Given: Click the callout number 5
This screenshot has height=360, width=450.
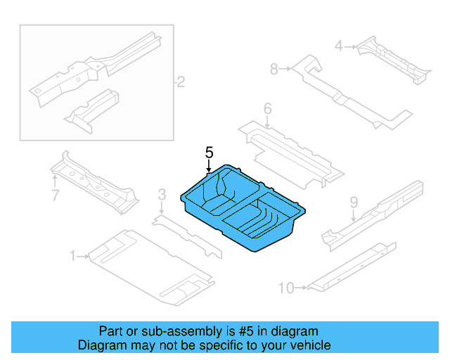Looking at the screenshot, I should coord(209,152).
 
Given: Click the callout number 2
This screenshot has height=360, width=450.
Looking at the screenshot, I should coord(180,83).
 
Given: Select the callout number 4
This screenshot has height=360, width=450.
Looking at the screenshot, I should coord(339,46).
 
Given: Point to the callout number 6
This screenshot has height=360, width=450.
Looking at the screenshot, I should coord(267,108).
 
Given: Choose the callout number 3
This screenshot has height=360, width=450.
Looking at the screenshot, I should coord(162,194).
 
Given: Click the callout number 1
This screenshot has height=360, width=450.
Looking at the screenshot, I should coord(72,257).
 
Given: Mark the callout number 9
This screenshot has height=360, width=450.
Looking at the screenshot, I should coord(354,202).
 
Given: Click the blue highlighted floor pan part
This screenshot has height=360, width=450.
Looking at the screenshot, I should coord(243,207).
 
